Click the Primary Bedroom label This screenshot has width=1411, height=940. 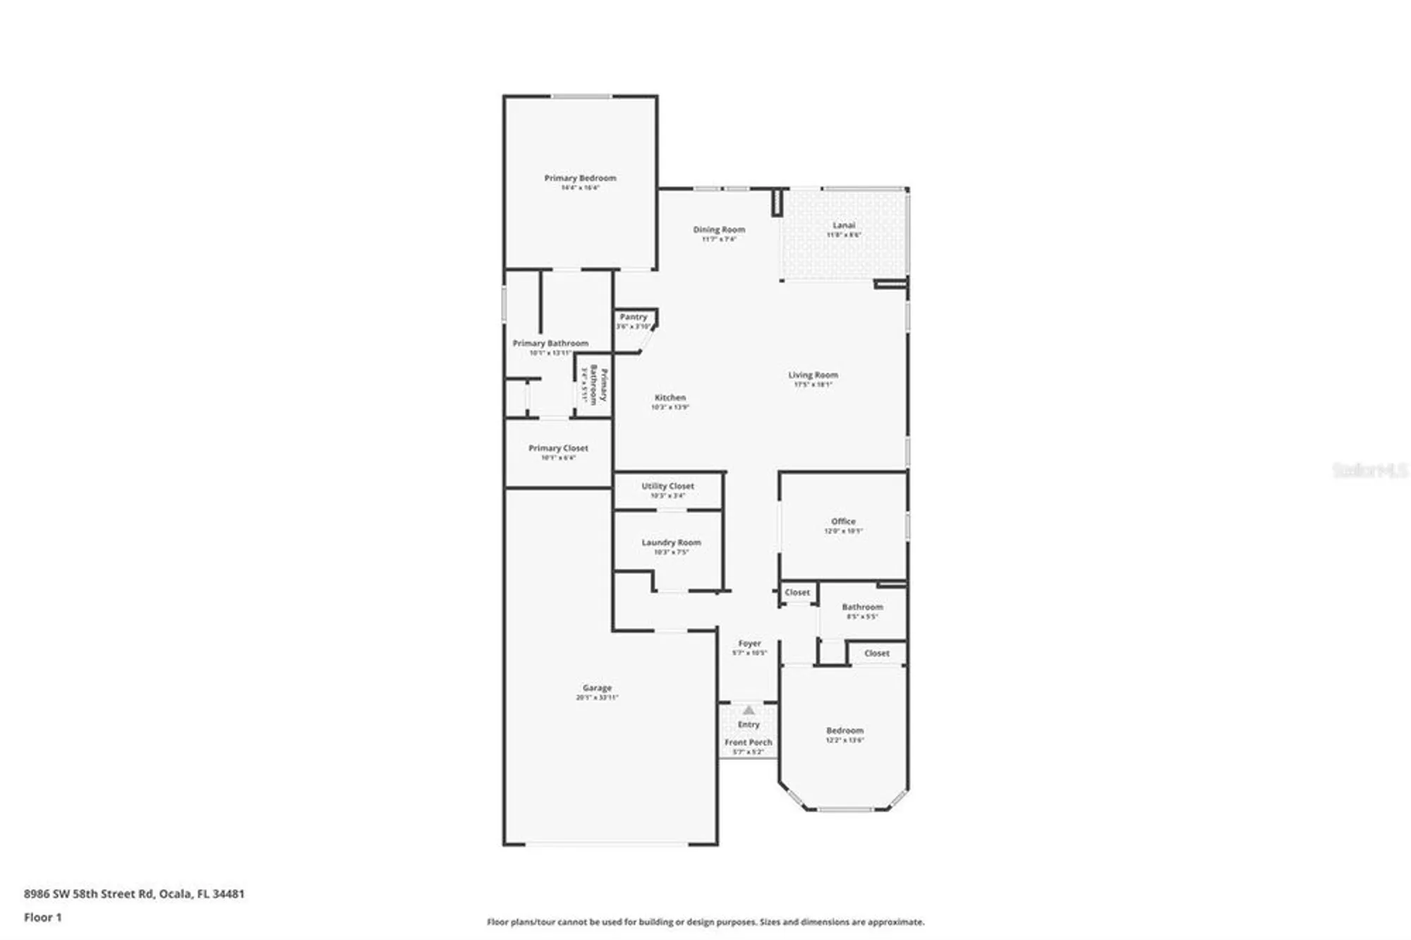[x=580, y=178]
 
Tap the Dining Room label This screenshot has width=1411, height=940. [x=719, y=229]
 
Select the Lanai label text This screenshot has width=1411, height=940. [x=844, y=225]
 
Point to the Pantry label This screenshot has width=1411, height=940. [x=634, y=317]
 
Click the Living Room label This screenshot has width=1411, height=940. [x=813, y=375]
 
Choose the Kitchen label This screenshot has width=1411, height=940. [x=670, y=397]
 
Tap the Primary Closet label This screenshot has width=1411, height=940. [x=558, y=448]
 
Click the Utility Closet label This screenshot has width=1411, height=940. [x=667, y=486]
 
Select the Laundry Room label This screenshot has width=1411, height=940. [x=671, y=543]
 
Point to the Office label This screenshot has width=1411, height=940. [x=843, y=522]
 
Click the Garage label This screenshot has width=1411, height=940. [x=597, y=687]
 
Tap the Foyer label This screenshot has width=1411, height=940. [x=749, y=644]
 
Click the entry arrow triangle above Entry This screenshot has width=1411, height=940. [x=749, y=710]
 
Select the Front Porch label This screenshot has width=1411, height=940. [x=748, y=742]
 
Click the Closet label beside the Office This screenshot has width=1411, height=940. [x=797, y=593]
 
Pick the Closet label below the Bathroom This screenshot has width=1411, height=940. [x=876, y=653]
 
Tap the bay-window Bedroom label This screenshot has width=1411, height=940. [x=844, y=730]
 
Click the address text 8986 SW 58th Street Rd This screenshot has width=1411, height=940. [x=89, y=893]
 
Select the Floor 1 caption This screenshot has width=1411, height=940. [x=43, y=917]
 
